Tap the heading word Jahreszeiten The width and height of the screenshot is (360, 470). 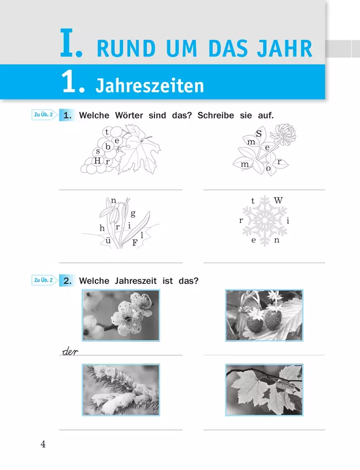point(150,86)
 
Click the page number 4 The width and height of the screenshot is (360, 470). point(43,444)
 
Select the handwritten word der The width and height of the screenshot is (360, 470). point(70,351)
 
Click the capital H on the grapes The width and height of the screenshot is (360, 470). point(97,161)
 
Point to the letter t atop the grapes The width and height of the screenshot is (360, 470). point(107,131)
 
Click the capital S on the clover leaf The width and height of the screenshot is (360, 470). point(259,134)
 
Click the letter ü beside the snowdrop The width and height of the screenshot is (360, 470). point(108,240)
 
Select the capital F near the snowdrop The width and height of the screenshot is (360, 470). point(135,243)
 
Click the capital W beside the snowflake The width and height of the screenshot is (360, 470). point(278,200)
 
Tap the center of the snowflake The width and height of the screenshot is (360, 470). point(265,221)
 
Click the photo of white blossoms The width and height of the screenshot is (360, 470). point(121,315)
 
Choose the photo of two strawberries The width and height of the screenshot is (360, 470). point(264,315)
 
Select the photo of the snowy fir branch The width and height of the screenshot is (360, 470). point(121,390)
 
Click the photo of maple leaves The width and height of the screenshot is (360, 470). point(264,390)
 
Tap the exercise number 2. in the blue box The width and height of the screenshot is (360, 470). point(68,281)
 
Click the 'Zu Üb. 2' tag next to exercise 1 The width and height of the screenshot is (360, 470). point(44,115)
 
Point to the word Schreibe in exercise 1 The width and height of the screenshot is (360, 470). point(215,115)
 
